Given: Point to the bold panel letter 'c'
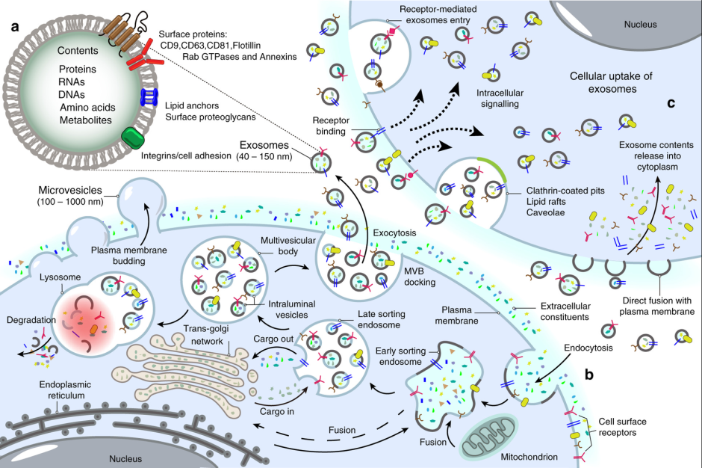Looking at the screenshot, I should pos(671,103).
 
